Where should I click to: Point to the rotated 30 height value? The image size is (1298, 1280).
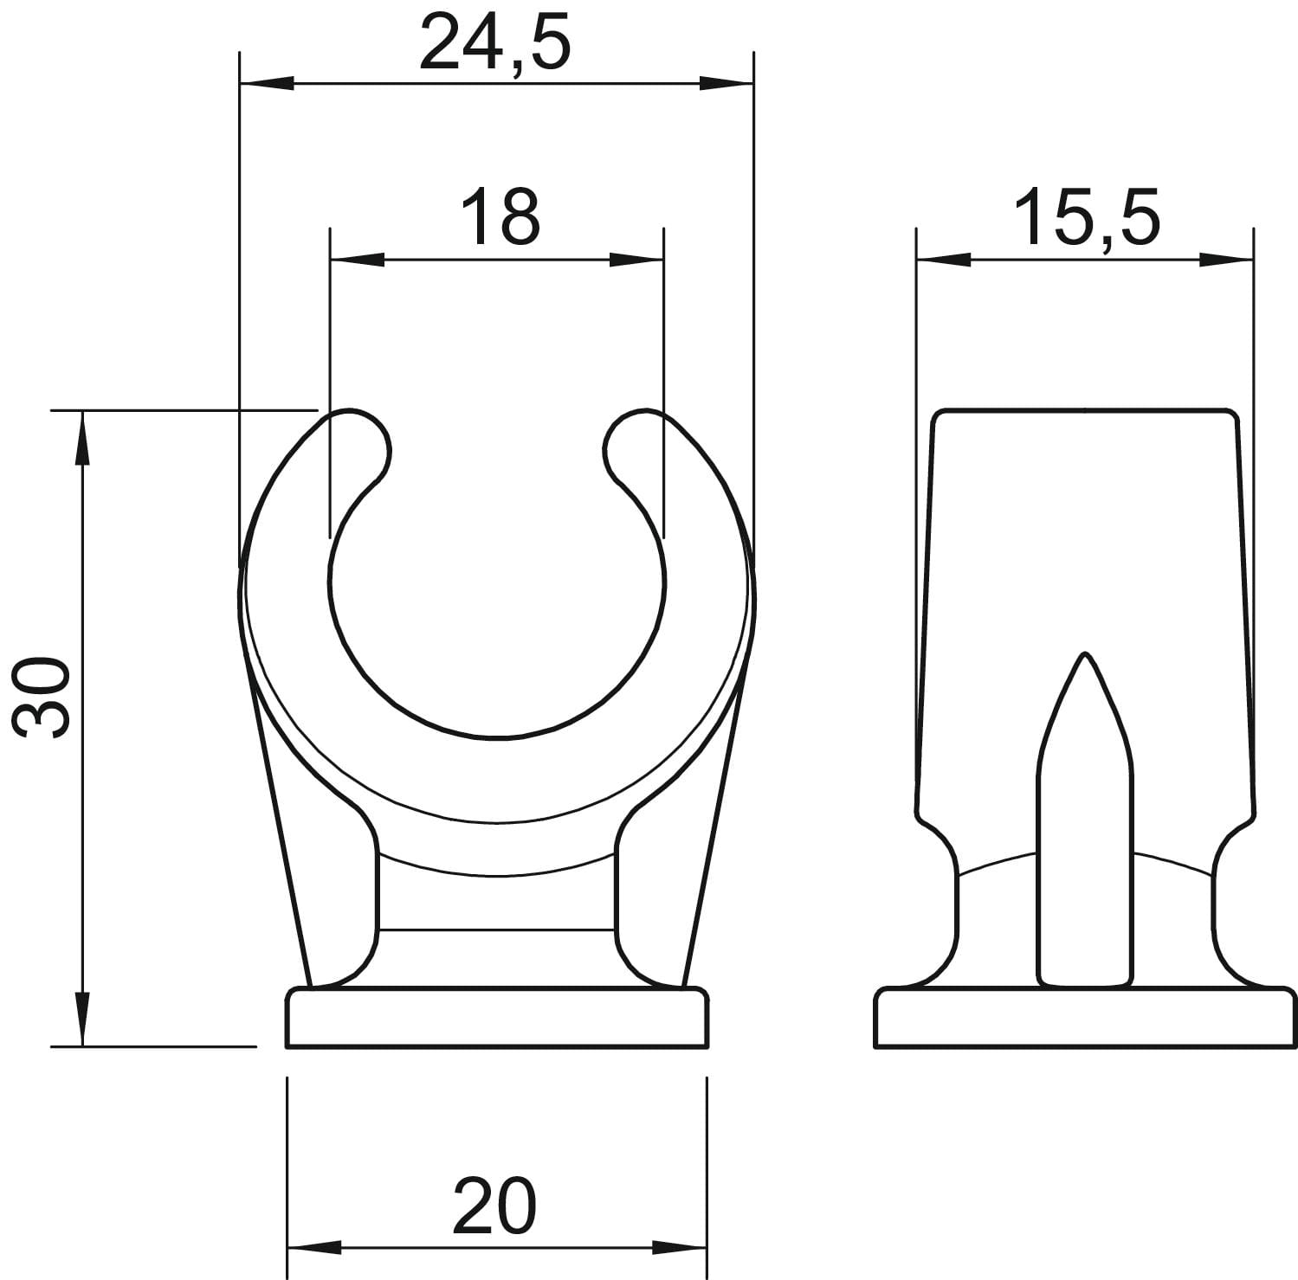coord(43,697)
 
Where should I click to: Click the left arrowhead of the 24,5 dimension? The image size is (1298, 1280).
coord(265,83)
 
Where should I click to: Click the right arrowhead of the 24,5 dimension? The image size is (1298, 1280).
coord(726,83)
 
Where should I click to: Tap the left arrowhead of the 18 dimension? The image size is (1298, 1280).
coord(358,259)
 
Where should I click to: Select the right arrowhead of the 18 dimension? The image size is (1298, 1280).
coord(636,259)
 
